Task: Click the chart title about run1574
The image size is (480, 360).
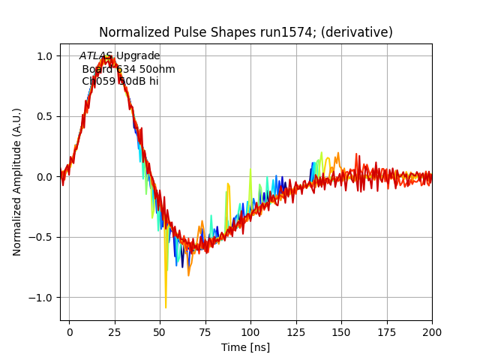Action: click(246, 32)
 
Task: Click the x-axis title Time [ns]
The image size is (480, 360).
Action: click(245, 347)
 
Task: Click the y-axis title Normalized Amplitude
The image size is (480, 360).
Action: click(17, 181)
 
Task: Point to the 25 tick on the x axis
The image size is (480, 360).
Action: click(115, 331)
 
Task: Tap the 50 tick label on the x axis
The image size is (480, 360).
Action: click(160, 331)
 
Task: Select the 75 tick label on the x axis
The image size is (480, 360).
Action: click(205, 331)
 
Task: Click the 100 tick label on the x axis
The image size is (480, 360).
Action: click(250, 331)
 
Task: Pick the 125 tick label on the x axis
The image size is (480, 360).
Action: click(296, 331)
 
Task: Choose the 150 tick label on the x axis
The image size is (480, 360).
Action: click(341, 331)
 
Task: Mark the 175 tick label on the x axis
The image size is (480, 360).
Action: click(387, 331)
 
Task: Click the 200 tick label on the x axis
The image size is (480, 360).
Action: click(432, 331)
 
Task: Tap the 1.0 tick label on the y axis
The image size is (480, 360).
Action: click(44, 56)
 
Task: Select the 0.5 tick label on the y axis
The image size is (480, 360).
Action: click(44, 116)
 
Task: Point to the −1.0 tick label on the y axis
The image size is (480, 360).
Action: click(41, 298)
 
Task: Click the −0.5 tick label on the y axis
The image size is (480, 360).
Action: click(41, 238)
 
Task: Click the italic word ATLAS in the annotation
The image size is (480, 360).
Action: click(96, 56)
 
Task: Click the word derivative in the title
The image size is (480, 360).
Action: click(356, 32)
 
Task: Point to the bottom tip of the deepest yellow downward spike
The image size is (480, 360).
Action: click(166, 307)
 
